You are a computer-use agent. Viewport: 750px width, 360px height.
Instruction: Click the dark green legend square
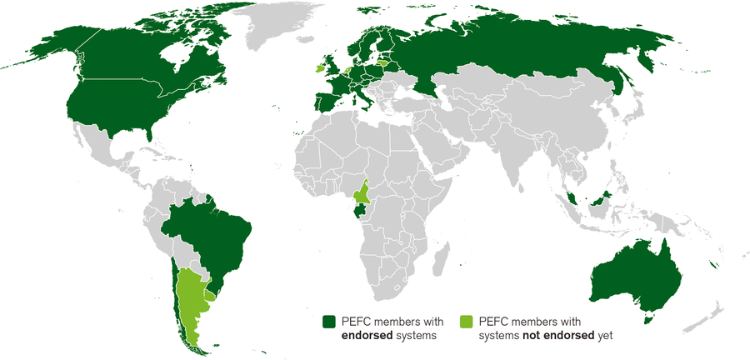(x=329, y=322)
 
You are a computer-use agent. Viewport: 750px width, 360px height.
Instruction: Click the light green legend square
(x=467, y=322)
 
